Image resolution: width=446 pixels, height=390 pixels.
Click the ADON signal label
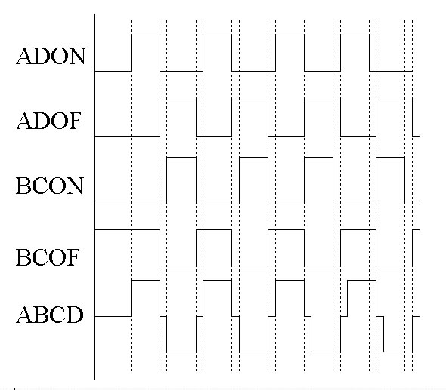pyautogui.click(x=51, y=56)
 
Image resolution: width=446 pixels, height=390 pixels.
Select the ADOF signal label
pyautogui.click(x=49, y=121)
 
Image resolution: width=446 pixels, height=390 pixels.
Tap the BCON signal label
pyautogui.click(x=50, y=186)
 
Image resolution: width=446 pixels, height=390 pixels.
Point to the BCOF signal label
pyautogui.click(x=48, y=257)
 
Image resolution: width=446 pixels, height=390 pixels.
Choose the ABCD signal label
pyautogui.click(x=50, y=315)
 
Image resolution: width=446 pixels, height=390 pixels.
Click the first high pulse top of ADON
pyautogui.click(x=145, y=35)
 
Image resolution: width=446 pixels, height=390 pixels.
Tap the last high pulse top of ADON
pyautogui.click(x=355, y=35)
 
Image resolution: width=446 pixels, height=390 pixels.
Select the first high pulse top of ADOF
pyautogui.click(x=178, y=100)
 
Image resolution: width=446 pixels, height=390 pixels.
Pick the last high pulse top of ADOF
pyautogui.click(x=395, y=100)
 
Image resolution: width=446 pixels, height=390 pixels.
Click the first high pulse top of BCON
pyautogui.click(x=181, y=157)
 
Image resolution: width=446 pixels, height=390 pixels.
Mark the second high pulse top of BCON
pyautogui.click(x=253, y=157)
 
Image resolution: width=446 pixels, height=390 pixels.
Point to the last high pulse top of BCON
pyautogui.click(x=390, y=157)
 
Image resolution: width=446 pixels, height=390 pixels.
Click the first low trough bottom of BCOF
pyautogui.click(x=178, y=266)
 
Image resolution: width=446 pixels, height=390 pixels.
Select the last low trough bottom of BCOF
pyautogui.click(x=395, y=266)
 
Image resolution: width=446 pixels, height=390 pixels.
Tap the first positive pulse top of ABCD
pyautogui.click(x=145, y=280)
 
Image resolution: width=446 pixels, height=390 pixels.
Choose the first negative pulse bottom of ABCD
pyautogui.click(x=181, y=352)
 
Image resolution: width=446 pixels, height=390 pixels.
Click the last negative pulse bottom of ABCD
pyautogui.click(x=398, y=352)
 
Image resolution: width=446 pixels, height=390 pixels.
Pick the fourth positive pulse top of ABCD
pyautogui.click(x=361, y=280)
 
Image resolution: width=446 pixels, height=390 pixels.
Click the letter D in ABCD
pyautogui.click(x=75, y=315)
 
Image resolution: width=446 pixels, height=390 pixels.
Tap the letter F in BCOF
pyautogui.click(x=73, y=257)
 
